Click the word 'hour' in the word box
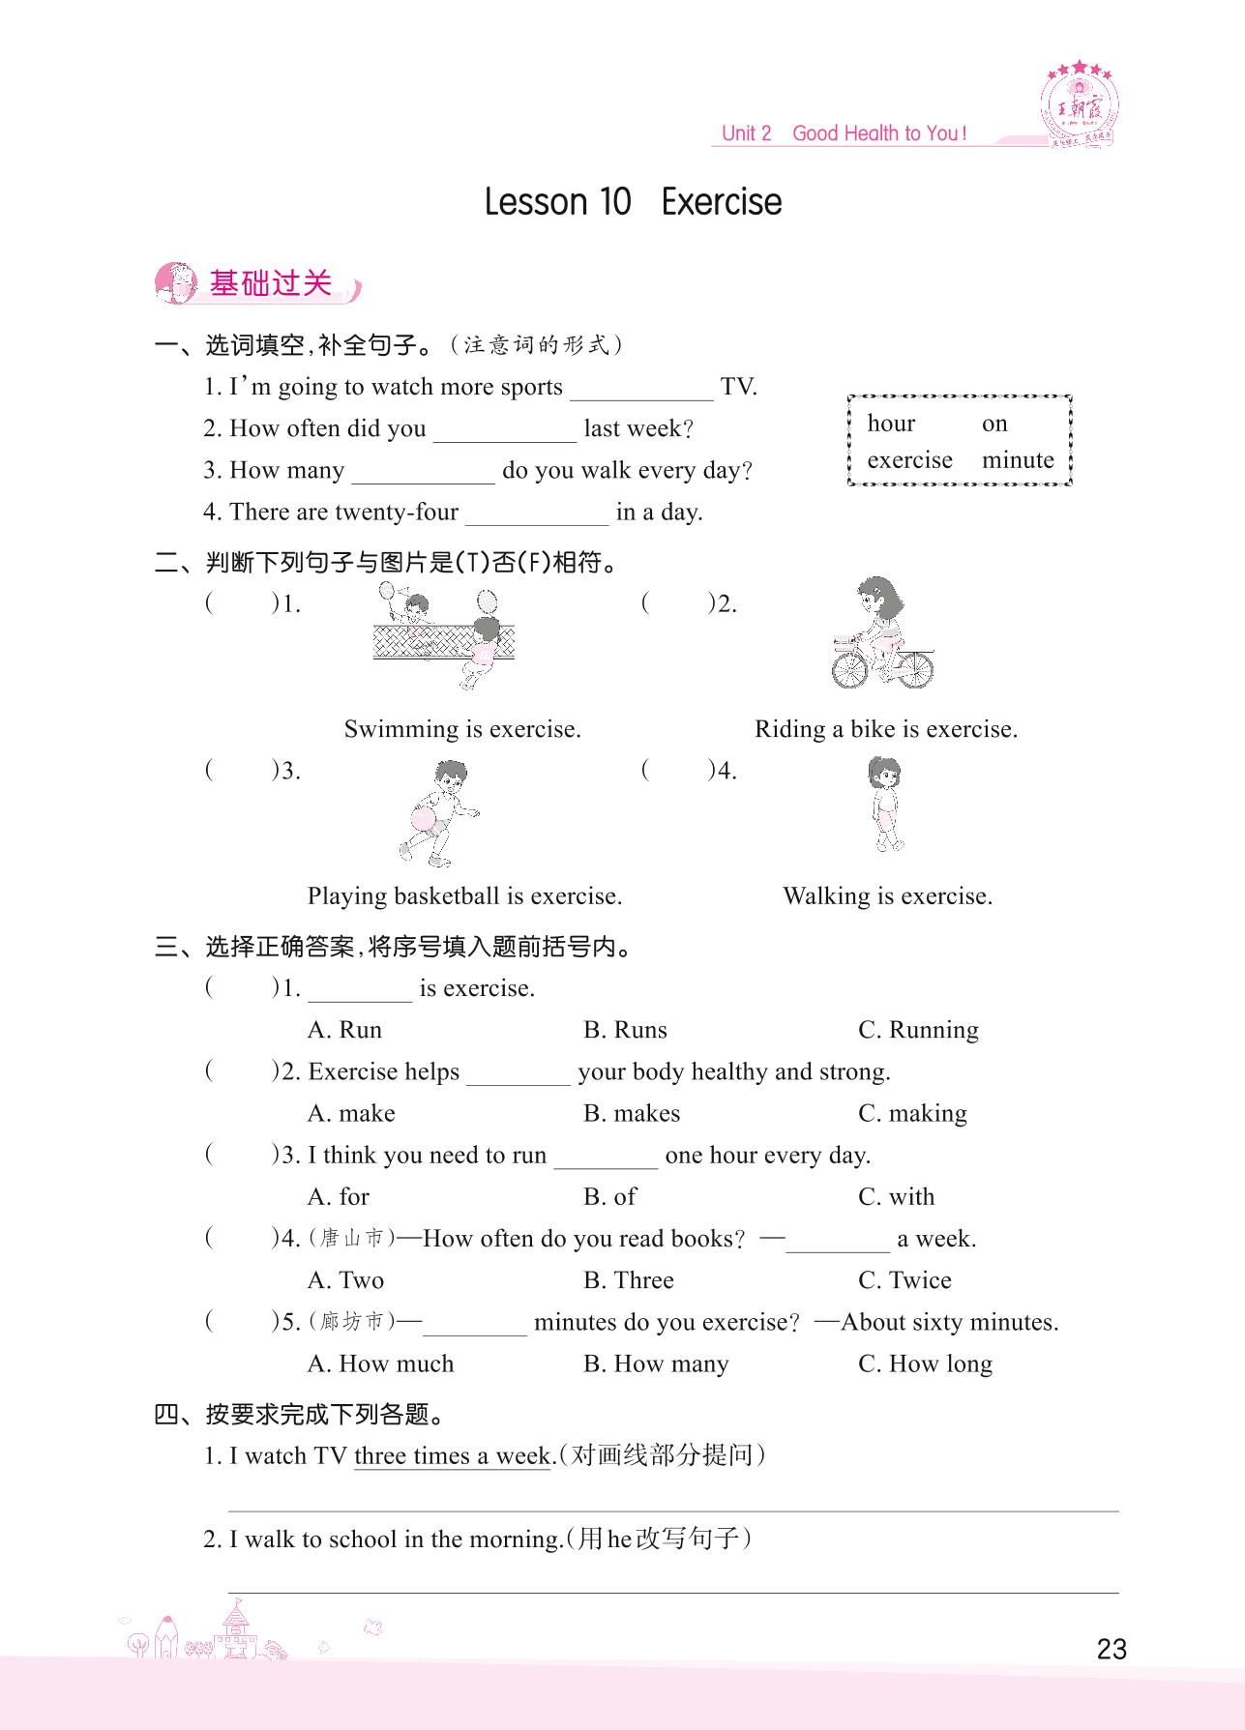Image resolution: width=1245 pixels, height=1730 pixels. [891, 424]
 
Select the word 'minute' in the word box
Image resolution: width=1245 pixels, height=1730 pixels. [1018, 460]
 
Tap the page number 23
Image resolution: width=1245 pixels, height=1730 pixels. [1112, 1649]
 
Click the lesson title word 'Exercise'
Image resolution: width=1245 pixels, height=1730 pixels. [722, 202]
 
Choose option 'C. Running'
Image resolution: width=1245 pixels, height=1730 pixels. [918, 1030]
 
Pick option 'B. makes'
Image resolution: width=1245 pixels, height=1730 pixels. [632, 1113]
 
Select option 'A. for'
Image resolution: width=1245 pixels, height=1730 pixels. [339, 1197]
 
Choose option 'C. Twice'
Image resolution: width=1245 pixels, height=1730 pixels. [904, 1280]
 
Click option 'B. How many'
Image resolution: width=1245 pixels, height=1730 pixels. [656, 1364]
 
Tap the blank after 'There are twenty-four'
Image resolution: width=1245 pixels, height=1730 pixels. [537, 514]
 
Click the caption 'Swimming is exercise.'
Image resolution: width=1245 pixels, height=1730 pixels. [462, 729]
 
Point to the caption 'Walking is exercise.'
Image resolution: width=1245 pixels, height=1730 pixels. [887, 896]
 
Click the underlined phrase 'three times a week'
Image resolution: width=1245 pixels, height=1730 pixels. [453, 1456]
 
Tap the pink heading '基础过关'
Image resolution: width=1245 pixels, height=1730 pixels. [270, 284]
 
